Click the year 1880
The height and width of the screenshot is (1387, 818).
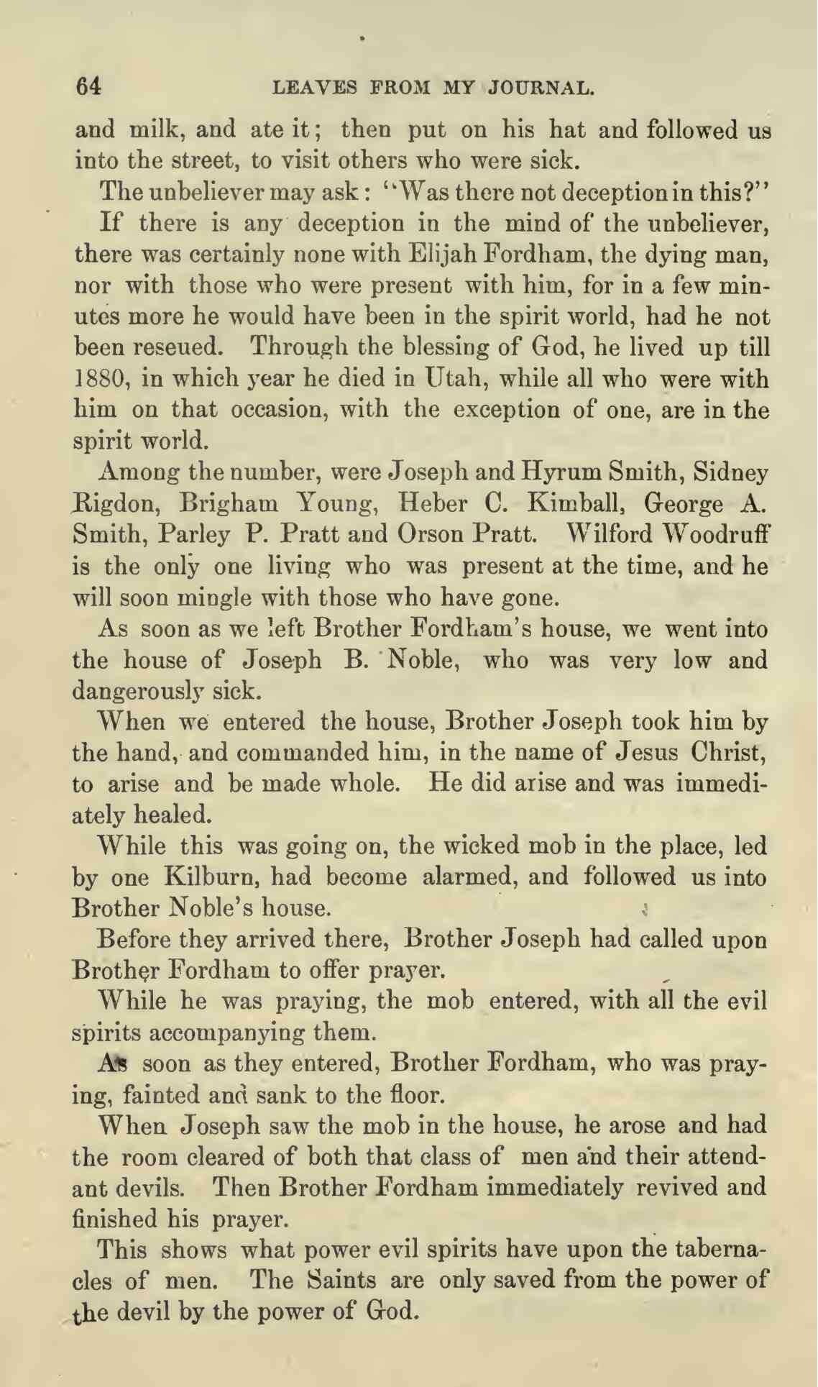pyautogui.click(x=98, y=380)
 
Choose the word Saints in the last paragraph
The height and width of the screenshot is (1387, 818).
pyautogui.click(x=341, y=1281)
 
